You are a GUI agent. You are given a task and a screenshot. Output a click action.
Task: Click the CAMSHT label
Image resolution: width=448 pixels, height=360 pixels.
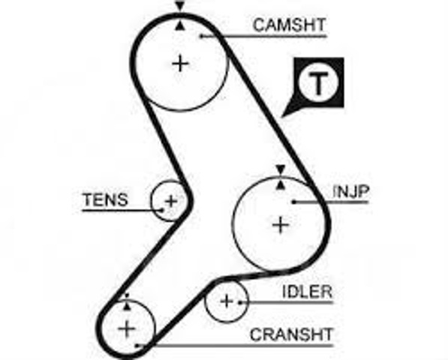289,25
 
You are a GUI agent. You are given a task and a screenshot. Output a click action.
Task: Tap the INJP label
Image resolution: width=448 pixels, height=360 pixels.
351,191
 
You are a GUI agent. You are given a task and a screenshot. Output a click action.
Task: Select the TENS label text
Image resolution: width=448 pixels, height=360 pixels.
105,199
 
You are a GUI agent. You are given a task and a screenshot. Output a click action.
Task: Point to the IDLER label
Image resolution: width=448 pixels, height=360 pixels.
307,292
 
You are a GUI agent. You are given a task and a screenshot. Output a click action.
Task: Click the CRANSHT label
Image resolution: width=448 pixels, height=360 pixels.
291,334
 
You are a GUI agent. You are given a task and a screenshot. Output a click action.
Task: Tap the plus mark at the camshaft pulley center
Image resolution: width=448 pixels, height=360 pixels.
180,64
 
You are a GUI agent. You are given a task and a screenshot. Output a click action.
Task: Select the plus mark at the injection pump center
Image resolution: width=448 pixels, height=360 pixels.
281,225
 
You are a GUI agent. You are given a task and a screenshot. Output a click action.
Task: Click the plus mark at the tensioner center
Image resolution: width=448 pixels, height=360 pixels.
171,202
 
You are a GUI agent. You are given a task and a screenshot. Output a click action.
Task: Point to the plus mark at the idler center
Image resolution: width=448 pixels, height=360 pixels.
227,301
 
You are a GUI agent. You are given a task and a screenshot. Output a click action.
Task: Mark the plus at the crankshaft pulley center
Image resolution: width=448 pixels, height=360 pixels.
127,329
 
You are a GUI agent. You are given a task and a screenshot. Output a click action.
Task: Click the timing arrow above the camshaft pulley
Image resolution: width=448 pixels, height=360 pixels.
179,6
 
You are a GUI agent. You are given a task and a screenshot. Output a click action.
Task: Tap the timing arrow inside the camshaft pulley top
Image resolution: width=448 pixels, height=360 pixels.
179,25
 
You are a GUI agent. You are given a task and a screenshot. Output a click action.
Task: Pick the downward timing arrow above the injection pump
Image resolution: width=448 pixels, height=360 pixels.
281,169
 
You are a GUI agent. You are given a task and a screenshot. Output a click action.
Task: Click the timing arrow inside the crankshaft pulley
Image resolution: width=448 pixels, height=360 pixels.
127,306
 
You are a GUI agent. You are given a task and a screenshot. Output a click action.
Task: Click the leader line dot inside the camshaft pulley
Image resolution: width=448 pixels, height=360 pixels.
201,36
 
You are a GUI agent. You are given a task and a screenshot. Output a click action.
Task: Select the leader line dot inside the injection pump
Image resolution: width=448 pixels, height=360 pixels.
293,202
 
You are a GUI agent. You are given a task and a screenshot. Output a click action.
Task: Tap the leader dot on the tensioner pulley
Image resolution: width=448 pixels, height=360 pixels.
162,211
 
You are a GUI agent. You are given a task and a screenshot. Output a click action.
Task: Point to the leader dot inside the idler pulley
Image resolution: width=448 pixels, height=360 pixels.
240,301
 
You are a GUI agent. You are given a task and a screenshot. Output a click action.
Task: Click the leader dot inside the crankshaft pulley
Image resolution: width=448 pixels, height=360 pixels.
137,346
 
